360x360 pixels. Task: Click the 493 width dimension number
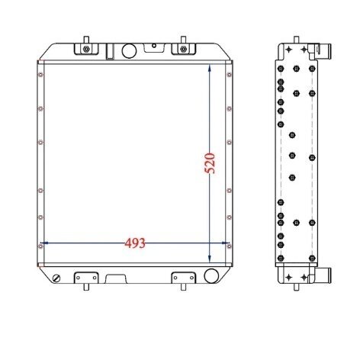(x=135, y=243)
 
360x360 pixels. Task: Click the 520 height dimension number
(x=210, y=163)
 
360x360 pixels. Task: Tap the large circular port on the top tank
(x=129, y=51)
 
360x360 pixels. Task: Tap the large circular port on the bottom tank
(x=211, y=275)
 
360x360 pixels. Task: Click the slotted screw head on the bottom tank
(x=56, y=278)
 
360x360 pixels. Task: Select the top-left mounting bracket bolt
(x=86, y=49)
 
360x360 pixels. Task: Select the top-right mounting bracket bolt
(x=183, y=49)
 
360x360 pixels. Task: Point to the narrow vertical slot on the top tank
(x=110, y=52)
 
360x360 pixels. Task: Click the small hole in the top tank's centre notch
(x=154, y=46)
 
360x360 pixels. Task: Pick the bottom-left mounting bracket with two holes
(x=86, y=278)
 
